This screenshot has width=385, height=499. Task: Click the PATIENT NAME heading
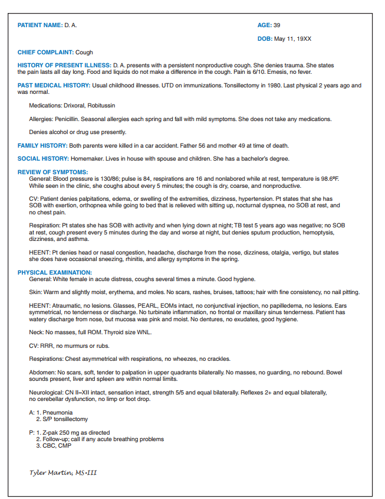[40, 25]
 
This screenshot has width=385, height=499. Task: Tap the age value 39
[277, 25]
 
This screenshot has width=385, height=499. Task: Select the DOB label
[264, 38]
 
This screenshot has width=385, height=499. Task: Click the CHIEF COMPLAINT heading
[45, 53]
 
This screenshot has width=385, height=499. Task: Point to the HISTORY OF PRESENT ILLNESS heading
[64, 65]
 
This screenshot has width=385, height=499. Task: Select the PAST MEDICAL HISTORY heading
[54, 86]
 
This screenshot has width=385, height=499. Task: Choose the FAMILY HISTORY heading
[42, 145]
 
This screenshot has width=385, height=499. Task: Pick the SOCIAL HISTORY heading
[43, 159]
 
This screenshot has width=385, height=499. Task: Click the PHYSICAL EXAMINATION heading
[54, 272]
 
